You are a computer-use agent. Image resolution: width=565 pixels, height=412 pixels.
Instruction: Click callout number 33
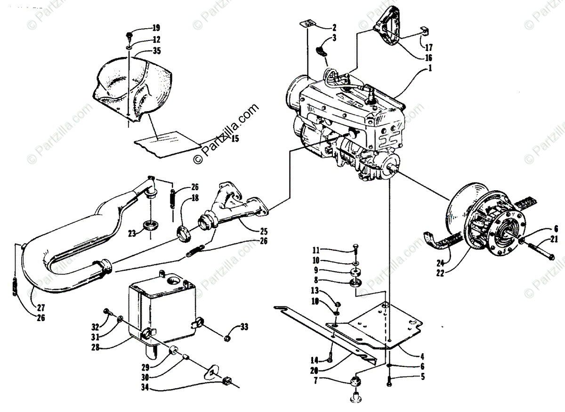[244, 326]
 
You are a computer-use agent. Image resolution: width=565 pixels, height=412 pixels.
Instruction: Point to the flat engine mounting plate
[381, 325]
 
